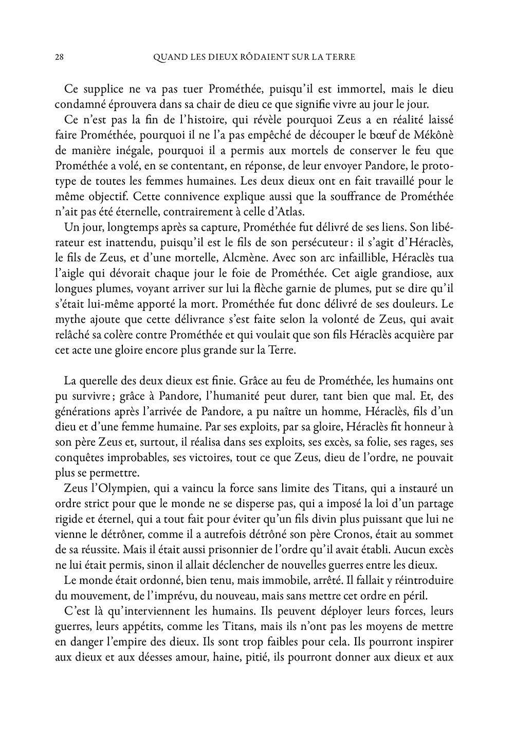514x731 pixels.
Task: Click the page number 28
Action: (x=59, y=57)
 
